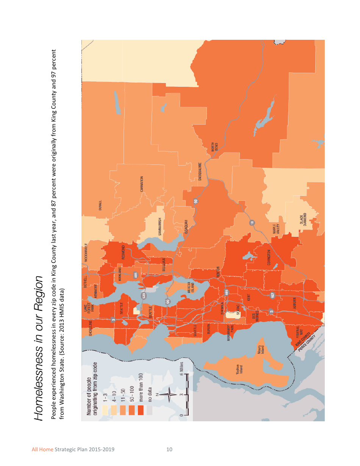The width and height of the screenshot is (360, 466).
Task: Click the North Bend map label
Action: tap(214, 147)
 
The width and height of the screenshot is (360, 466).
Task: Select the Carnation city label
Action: tap(141, 184)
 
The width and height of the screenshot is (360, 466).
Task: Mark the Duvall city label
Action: tap(100, 206)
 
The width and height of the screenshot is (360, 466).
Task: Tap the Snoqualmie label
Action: tap(200, 171)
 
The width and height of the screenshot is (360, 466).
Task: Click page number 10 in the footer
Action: tap(169, 449)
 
